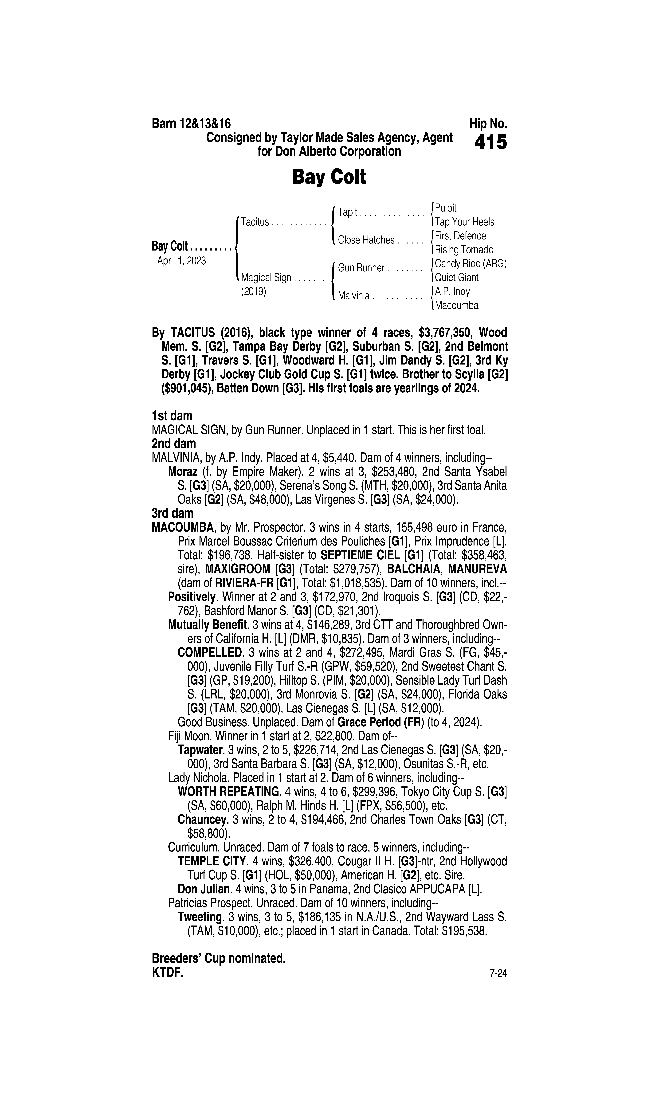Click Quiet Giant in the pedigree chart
click(x=456, y=278)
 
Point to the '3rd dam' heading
click(x=172, y=513)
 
